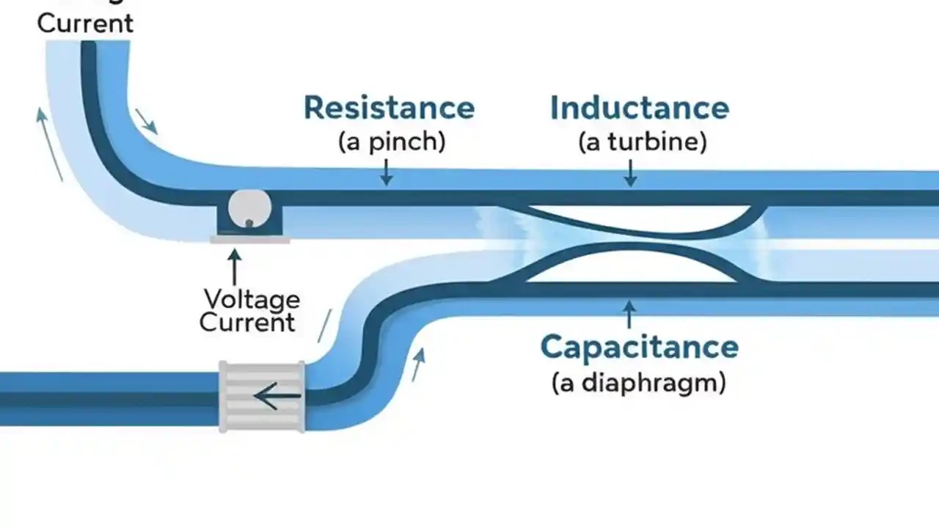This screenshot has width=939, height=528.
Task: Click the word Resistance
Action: pos(389,108)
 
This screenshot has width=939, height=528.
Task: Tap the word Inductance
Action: pos(640,108)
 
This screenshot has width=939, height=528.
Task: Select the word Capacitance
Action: pos(639,347)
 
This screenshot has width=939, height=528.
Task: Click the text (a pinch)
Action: pos(391,142)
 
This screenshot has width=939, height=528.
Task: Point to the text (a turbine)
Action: pos(642,142)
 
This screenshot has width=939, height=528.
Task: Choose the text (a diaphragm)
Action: pos(638,382)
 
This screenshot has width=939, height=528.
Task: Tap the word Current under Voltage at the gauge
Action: pos(247,322)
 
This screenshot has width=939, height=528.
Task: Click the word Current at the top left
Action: pos(85,23)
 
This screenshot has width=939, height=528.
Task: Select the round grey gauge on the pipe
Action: pos(249,209)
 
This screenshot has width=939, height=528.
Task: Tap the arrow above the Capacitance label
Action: pos(628,313)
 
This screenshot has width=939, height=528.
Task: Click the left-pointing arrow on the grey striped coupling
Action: pos(277,397)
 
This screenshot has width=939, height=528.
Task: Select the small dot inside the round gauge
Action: pos(249,222)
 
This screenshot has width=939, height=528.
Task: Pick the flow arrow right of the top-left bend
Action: pos(146,122)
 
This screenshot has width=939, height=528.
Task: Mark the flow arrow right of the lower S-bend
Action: pos(418,365)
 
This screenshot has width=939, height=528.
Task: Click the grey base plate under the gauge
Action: pos(249,240)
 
